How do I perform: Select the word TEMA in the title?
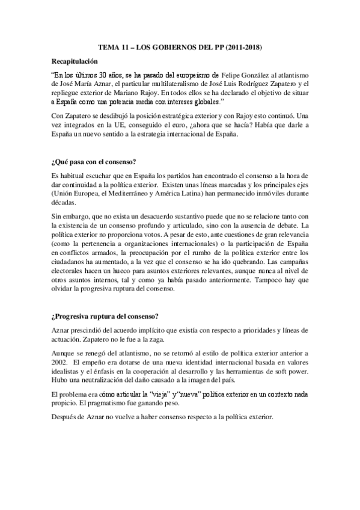pyautogui.click(x=109, y=46)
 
